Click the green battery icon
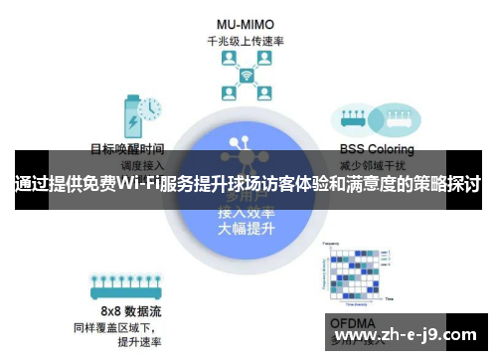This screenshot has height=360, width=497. point(130,115)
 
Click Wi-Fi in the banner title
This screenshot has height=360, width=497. point(138,186)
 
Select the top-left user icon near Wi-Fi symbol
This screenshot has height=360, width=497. point(227,62)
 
